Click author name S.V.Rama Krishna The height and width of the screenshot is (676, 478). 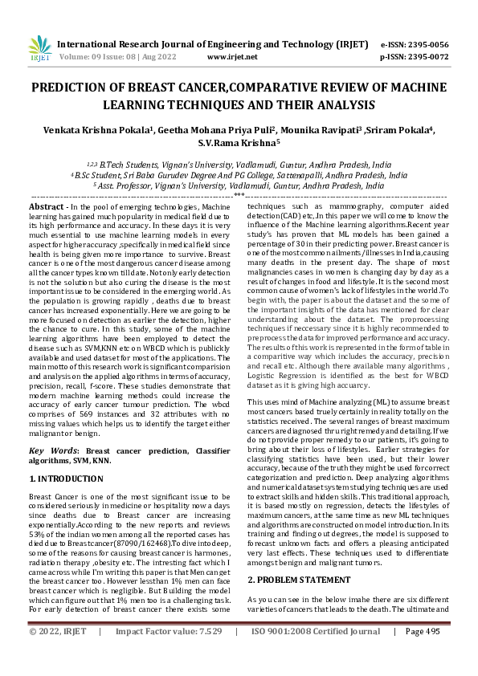point(239,144)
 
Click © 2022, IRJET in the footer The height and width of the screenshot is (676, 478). point(59,654)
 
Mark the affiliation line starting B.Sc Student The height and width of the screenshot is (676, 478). point(239,173)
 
